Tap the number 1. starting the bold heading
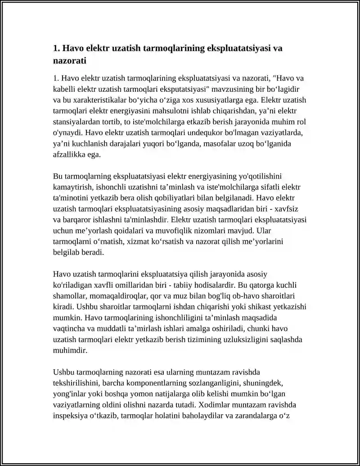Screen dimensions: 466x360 point(56,48)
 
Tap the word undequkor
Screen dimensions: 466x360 point(219,133)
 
